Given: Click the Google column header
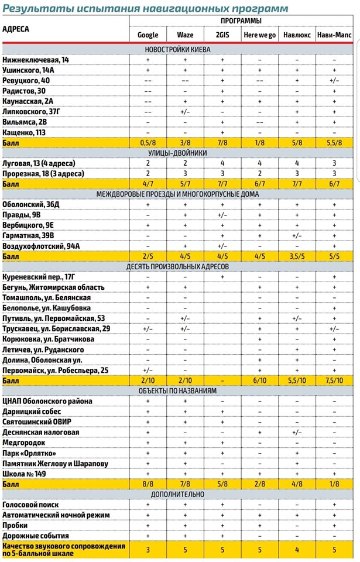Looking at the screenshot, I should pos(148,35).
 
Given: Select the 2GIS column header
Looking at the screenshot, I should pos(222,35).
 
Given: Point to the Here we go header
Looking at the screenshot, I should pos(259,35).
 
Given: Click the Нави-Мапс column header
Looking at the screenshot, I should pos(334,35).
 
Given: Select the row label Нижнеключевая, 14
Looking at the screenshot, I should pos(36,60).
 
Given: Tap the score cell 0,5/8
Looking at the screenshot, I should pos(148,143).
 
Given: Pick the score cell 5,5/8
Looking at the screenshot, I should pos(334,143).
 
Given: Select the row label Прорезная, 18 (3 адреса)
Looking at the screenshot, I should pos(43,173).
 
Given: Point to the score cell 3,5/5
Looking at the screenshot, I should pos(297,256).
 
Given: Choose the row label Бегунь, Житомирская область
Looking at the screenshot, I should pos(54,287).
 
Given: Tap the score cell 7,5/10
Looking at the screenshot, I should pos(334,380).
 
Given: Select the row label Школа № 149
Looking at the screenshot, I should pos(32,473).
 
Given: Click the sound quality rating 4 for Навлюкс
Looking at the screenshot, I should pos(297,550).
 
